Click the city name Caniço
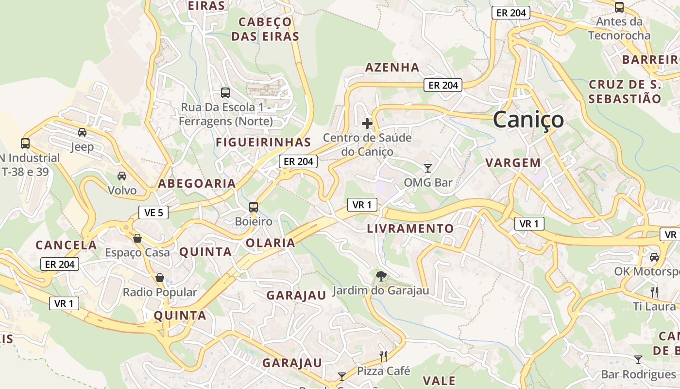(x=528, y=120)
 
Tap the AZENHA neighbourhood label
(x=392, y=67)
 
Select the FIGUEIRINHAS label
(x=263, y=142)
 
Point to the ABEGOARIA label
(x=197, y=183)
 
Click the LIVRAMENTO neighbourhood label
(x=410, y=229)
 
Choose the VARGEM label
(x=513, y=163)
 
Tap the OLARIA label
(x=271, y=243)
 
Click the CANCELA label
(x=67, y=245)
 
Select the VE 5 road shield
(x=153, y=212)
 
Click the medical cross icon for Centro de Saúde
(x=367, y=124)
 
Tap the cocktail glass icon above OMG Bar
(x=428, y=168)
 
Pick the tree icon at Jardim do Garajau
(x=381, y=276)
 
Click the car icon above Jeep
(x=82, y=132)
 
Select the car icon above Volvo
(x=122, y=176)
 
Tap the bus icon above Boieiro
(x=253, y=207)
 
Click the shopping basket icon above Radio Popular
(x=160, y=278)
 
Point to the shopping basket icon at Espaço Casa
(x=137, y=238)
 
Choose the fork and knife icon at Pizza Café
(x=383, y=356)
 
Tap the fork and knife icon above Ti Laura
(x=654, y=292)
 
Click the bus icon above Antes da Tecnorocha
(x=619, y=7)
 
